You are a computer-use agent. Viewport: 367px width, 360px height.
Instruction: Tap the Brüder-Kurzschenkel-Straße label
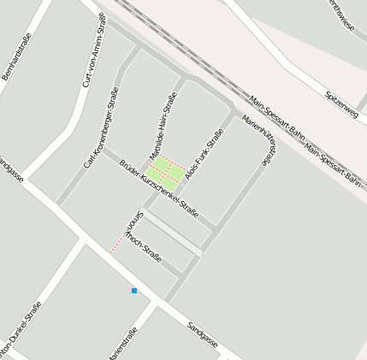click(x=159, y=188)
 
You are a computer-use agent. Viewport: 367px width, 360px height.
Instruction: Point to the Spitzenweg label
click(x=342, y=102)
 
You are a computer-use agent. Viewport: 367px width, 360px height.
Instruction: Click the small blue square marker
click(x=134, y=291)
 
